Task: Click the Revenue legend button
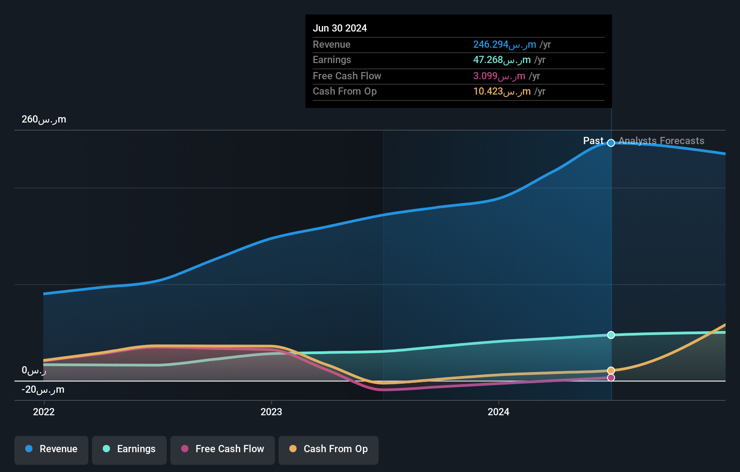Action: tap(51, 449)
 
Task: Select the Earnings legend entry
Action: tap(129, 449)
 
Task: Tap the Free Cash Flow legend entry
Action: tap(223, 449)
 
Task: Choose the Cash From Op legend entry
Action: tap(329, 449)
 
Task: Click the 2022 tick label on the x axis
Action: tap(44, 412)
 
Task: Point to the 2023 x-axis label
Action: tap(271, 412)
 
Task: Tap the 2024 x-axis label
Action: tap(498, 412)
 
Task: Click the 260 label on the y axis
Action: tap(44, 119)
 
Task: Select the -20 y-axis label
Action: tap(43, 390)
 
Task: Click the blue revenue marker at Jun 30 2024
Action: tap(611, 143)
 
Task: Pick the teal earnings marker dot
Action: tap(611, 335)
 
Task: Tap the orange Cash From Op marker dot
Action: tap(611, 371)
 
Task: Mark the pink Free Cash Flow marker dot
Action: tap(611, 378)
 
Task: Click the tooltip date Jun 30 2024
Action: tap(340, 28)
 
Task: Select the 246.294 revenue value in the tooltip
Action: tap(504, 45)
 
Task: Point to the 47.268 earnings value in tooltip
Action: tap(502, 60)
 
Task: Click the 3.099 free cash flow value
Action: tap(499, 76)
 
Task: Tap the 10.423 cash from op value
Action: tap(502, 91)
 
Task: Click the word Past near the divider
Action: tap(593, 141)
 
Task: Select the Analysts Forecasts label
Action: tap(661, 141)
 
